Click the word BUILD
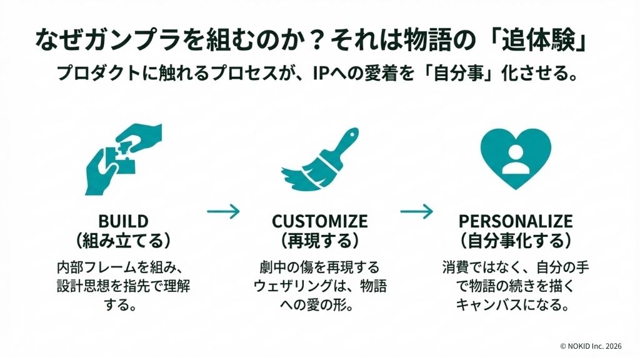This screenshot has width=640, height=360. pyautogui.click(x=123, y=221)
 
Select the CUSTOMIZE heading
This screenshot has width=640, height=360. pyautogui.click(x=319, y=221)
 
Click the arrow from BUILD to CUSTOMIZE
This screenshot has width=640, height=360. pyautogui.click(x=222, y=212)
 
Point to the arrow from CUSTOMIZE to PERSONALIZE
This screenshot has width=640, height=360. pyautogui.click(x=416, y=212)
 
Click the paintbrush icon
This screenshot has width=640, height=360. pyautogui.click(x=319, y=161)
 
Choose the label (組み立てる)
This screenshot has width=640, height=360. pyautogui.click(x=123, y=240)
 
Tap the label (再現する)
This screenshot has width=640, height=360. pyautogui.click(x=319, y=240)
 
